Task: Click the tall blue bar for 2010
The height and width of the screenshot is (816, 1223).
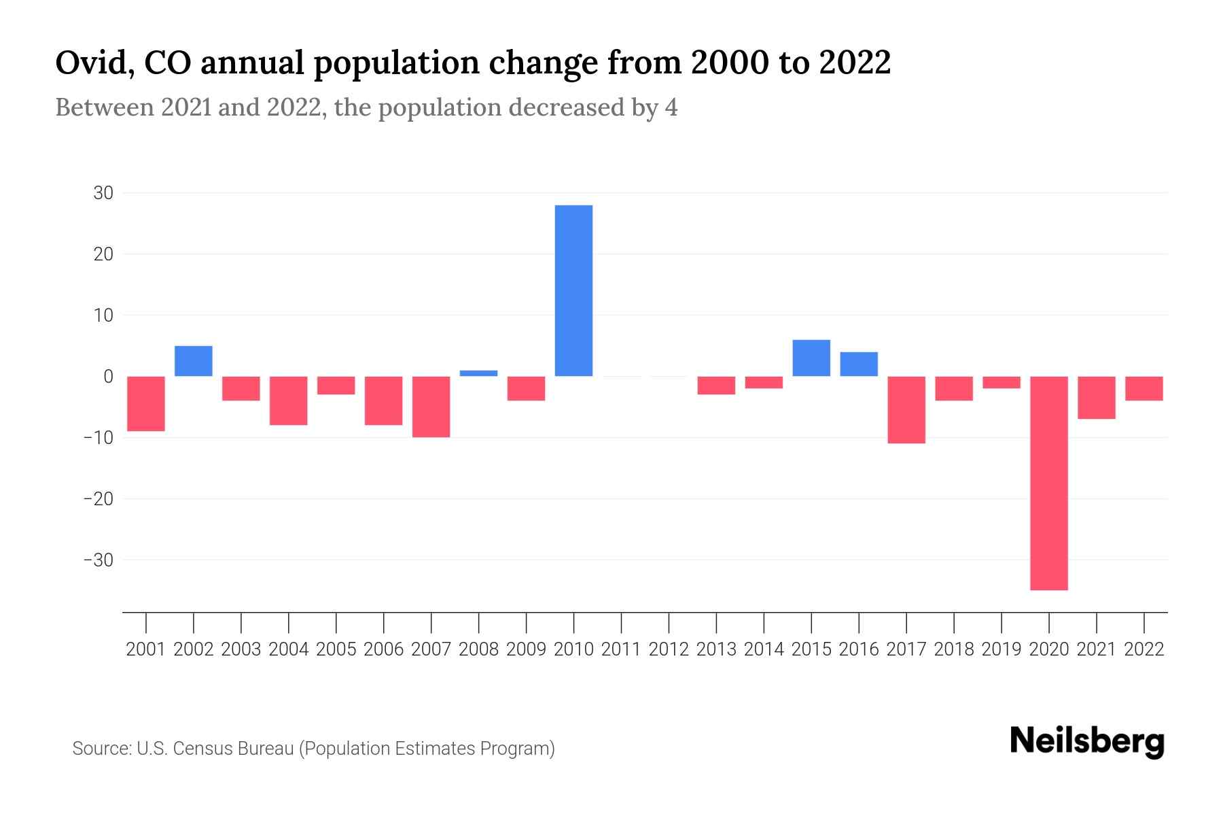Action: click(573, 290)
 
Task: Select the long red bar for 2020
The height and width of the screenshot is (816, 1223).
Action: click(1048, 483)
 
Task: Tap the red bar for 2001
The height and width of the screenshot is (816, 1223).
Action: click(146, 403)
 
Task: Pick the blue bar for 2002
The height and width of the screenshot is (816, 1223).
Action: click(194, 361)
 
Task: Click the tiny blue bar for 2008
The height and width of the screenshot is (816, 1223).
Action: click(478, 373)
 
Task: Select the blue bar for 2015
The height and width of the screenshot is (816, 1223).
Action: click(811, 358)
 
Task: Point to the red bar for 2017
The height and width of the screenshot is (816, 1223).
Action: click(906, 409)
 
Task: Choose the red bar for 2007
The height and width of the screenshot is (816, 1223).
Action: click(431, 407)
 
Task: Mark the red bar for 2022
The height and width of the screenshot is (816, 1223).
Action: click(1144, 388)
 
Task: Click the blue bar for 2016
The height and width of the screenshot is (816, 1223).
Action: click(859, 364)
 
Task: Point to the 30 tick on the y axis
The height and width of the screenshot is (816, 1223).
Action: click(103, 193)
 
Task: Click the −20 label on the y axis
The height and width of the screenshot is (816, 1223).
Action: click(99, 498)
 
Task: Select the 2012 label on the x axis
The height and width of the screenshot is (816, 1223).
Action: click(669, 649)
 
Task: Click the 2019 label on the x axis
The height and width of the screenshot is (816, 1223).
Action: click(1001, 649)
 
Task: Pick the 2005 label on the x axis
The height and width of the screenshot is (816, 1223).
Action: click(336, 649)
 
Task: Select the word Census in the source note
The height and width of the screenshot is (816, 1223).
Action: click(206, 749)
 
